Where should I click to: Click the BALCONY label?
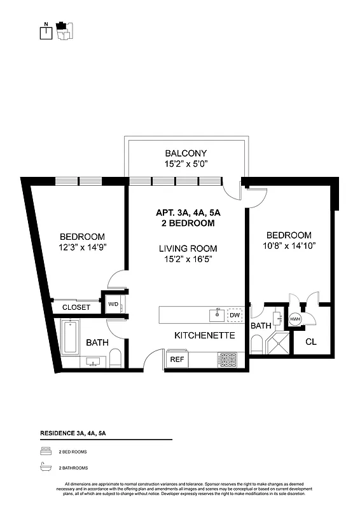point(186,153)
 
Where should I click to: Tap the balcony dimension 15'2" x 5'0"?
point(186,164)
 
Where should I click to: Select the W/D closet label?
point(113,304)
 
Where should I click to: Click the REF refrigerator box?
point(176,359)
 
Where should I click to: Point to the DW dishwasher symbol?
point(234,314)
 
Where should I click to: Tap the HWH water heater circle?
point(295,319)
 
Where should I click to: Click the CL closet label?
point(311,342)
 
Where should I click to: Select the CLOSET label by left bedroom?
point(76,307)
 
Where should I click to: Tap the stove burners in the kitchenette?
point(227,359)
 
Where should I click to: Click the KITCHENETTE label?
point(205,335)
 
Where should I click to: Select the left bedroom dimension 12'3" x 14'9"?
point(83,248)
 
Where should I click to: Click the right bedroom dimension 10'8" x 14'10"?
point(289,246)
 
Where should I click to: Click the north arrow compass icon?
point(46,32)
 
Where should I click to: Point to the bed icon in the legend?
point(45,451)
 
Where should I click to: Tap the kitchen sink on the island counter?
point(216,314)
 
